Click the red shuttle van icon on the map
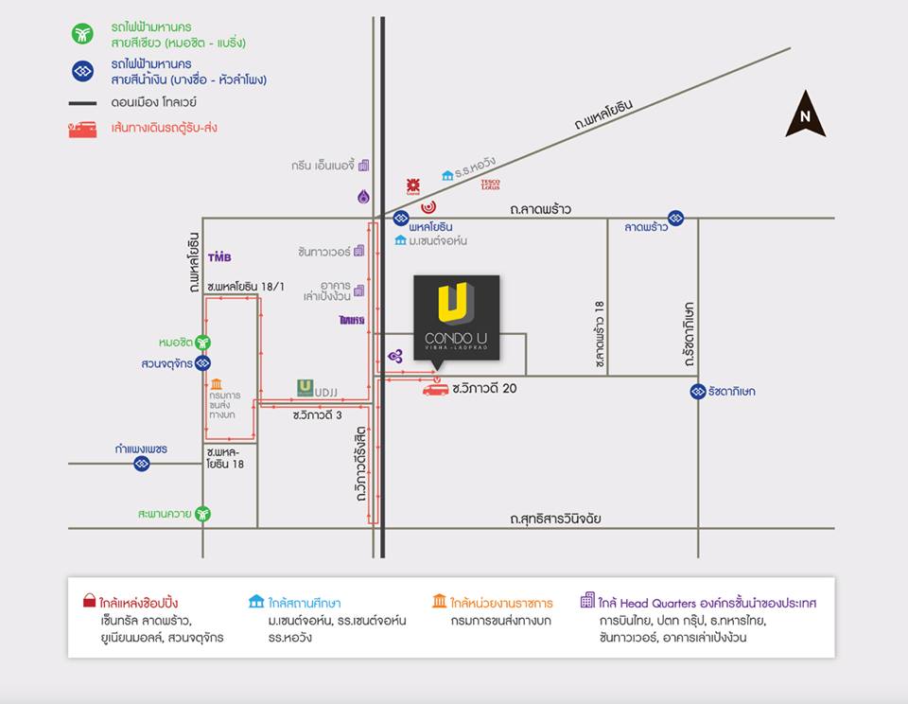[435, 389]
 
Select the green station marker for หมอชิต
[202, 343]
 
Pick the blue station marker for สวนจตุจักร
[202, 363]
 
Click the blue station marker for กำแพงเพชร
[142, 464]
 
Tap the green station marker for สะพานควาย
[202, 514]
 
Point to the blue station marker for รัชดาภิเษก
[698, 391]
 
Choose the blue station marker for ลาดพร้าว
[676, 218]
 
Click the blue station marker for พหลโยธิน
[401, 218]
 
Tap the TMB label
[219, 257]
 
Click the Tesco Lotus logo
[490, 184]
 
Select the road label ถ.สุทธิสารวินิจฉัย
[555, 519]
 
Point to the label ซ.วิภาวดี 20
[483, 388]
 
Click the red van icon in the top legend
[82, 130]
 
